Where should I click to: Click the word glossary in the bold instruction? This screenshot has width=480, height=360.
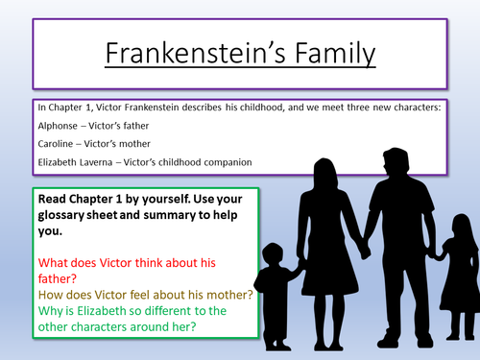point(70,216)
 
